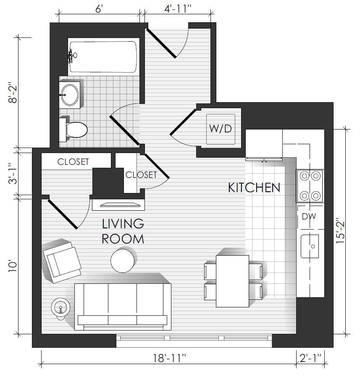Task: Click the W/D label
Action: click(220, 129)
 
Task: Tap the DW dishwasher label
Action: click(309, 216)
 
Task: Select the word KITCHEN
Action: click(254, 188)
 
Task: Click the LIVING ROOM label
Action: click(123, 231)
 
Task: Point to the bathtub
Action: click(103, 57)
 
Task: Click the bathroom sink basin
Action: click(70, 95)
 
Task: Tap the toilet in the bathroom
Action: click(73, 130)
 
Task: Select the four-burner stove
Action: click(310, 186)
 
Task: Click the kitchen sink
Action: click(310, 246)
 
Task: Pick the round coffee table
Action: click(123, 261)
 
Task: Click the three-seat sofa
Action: click(123, 307)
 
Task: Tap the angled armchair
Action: click(62, 262)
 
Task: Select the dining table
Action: click(232, 281)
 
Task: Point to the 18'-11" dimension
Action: click(170, 358)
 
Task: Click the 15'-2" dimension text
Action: click(341, 231)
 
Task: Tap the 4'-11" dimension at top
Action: click(178, 9)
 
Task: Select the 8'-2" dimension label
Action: click(13, 93)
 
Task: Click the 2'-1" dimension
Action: click(310, 358)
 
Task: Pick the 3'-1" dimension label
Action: click(13, 174)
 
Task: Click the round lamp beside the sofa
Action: click(60, 308)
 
